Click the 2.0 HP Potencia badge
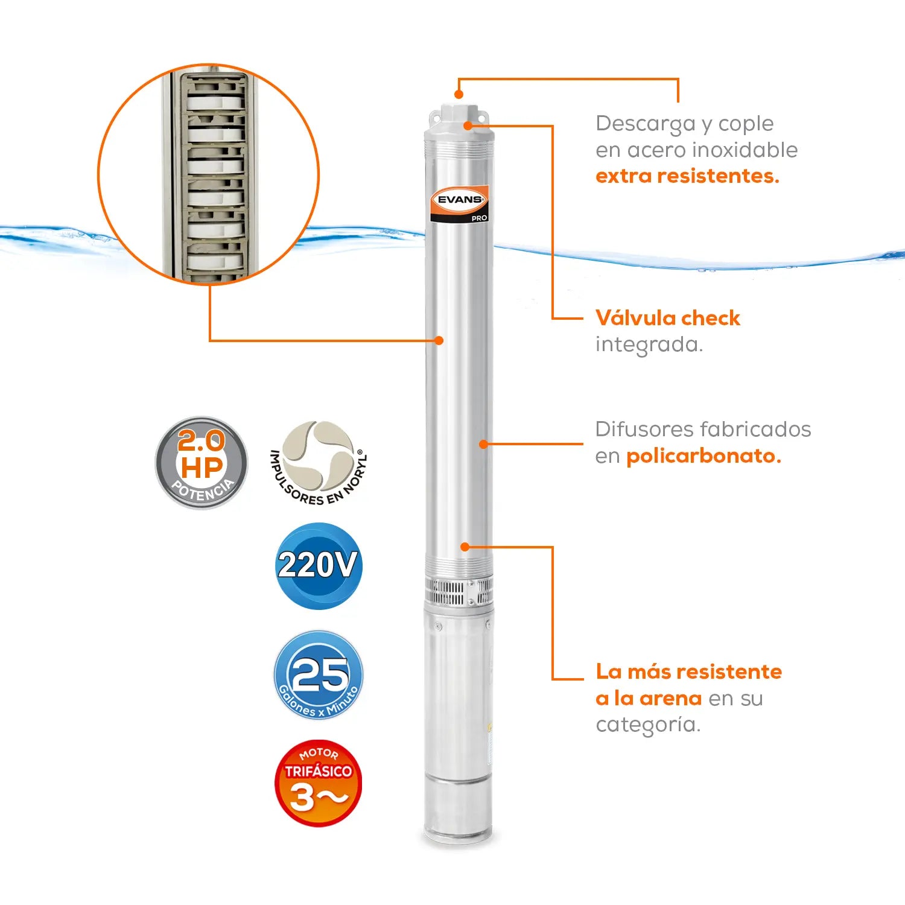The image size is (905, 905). [202, 463]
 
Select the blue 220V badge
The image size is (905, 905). [319, 566]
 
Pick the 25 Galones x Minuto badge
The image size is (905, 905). [319, 675]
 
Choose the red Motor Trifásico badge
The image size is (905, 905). [319, 783]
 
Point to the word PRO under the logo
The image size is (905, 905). [479, 218]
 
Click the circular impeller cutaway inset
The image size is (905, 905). [209, 174]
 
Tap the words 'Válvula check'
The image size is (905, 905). [668, 318]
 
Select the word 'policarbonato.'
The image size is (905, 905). [703, 456]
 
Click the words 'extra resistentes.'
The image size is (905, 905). [687, 176]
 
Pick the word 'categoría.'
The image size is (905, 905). [649, 725]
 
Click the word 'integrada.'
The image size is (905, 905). [649, 345]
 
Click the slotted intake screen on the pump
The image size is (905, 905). [459, 591]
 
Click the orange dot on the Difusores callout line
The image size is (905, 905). [483, 444]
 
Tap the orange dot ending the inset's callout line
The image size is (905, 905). [439, 340]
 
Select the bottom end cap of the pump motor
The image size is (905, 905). [458, 811]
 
